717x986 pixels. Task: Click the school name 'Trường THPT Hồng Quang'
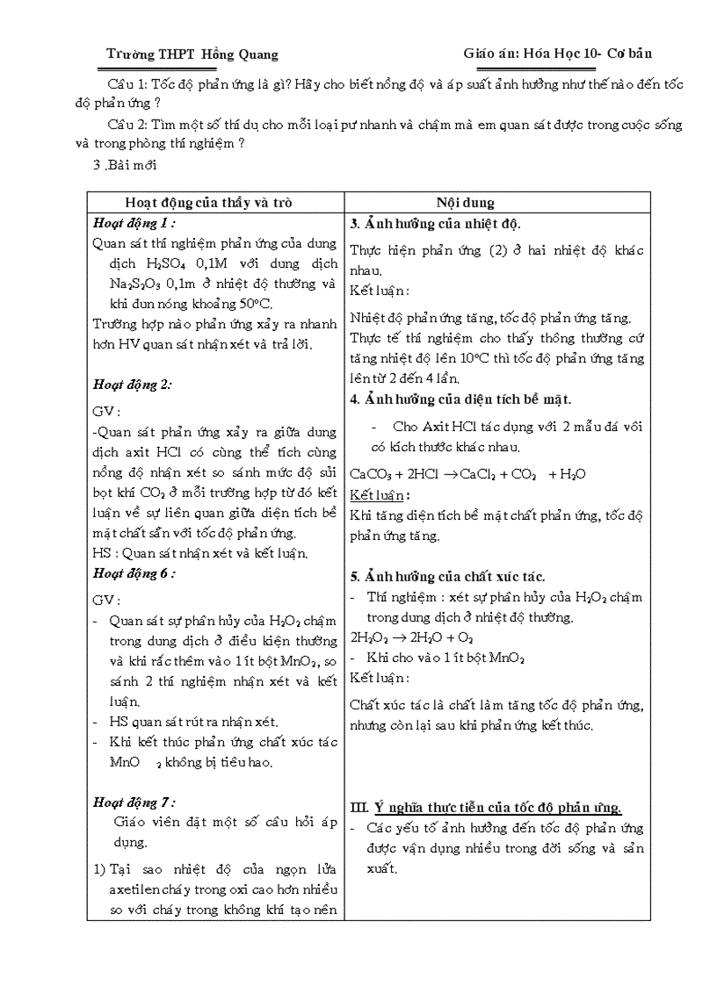[192, 54]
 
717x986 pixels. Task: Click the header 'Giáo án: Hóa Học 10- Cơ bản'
[557, 54]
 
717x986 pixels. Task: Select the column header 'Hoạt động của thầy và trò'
[208, 202]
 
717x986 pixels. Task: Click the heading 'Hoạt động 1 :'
[134, 223]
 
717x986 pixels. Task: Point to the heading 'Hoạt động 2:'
[132, 384]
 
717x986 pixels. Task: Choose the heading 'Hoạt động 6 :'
[134, 573]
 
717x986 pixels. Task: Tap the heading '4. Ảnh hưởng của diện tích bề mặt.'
[460, 399]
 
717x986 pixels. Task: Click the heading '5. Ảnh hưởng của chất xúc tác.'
[447, 577]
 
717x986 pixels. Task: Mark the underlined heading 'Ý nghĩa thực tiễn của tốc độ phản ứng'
[498, 808]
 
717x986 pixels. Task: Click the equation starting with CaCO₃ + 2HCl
[467, 474]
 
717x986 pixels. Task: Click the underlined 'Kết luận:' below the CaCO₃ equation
[377, 495]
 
